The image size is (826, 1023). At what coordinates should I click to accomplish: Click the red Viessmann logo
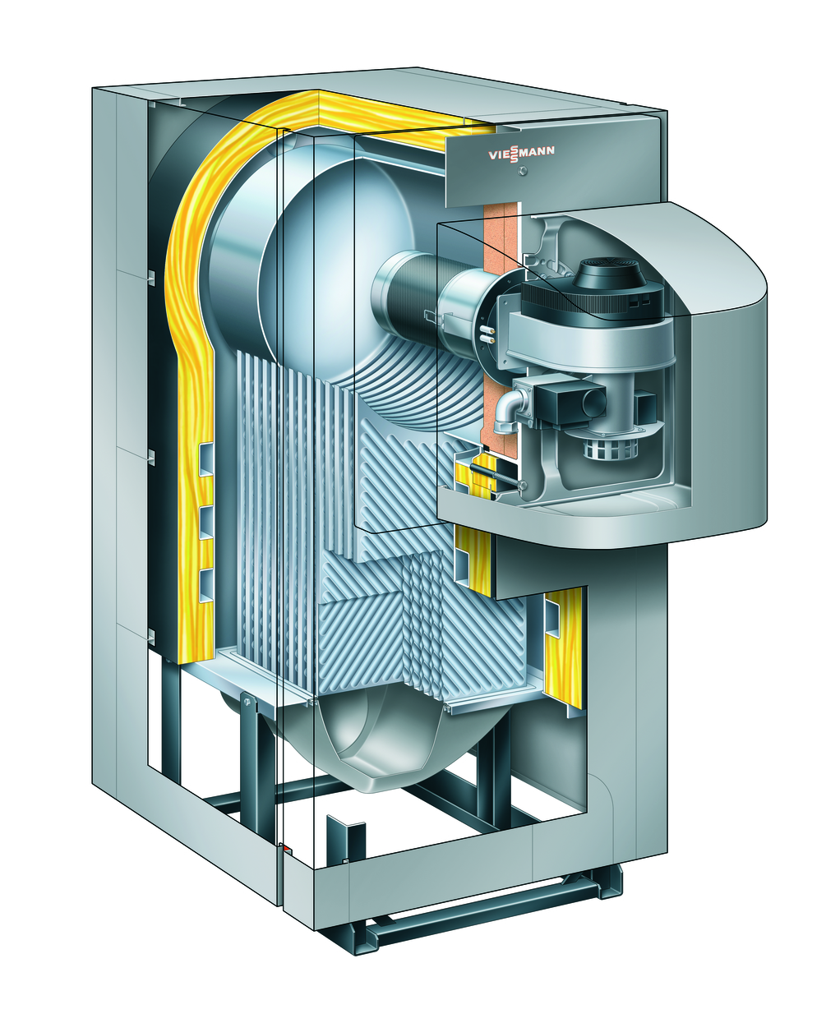point(521,154)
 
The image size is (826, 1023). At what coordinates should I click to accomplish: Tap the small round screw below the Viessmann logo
point(524,171)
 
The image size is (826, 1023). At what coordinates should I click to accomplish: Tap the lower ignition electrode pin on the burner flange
point(486,338)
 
